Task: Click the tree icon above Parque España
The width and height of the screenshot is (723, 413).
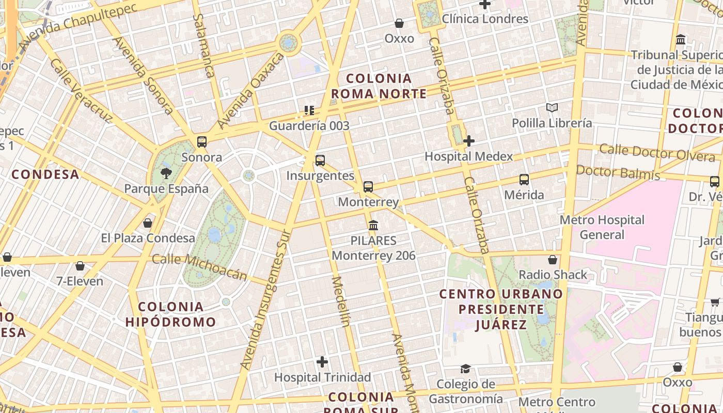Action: pos(166,173)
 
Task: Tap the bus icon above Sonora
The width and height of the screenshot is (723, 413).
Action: pos(202,142)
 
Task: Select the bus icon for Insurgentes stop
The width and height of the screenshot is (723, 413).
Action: pos(320,161)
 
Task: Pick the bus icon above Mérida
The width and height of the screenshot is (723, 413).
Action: pos(524,180)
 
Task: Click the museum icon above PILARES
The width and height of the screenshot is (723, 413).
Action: pos(373,226)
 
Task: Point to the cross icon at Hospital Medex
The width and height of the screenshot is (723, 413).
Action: pos(469,141)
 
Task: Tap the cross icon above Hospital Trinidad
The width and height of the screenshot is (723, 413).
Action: pos(322,362)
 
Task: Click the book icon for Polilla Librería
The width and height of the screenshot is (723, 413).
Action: pos(552,108)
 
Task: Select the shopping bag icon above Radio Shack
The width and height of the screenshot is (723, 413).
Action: pos(553,260)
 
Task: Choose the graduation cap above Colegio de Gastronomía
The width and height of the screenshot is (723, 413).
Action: pos(466,369)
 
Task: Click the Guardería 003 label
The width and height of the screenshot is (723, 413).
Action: pos(309,125)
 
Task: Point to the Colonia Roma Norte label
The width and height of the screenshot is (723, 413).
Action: pos(379,86)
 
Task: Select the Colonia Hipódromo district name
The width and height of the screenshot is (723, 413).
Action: pos(170,314)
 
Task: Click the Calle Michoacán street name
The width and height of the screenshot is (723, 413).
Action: pos(200,267)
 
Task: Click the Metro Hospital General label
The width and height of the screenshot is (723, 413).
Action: pos(602,227)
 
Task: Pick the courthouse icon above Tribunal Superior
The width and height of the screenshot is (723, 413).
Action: pos(681,40)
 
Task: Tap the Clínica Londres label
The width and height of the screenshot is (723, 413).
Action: pos(485,19)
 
